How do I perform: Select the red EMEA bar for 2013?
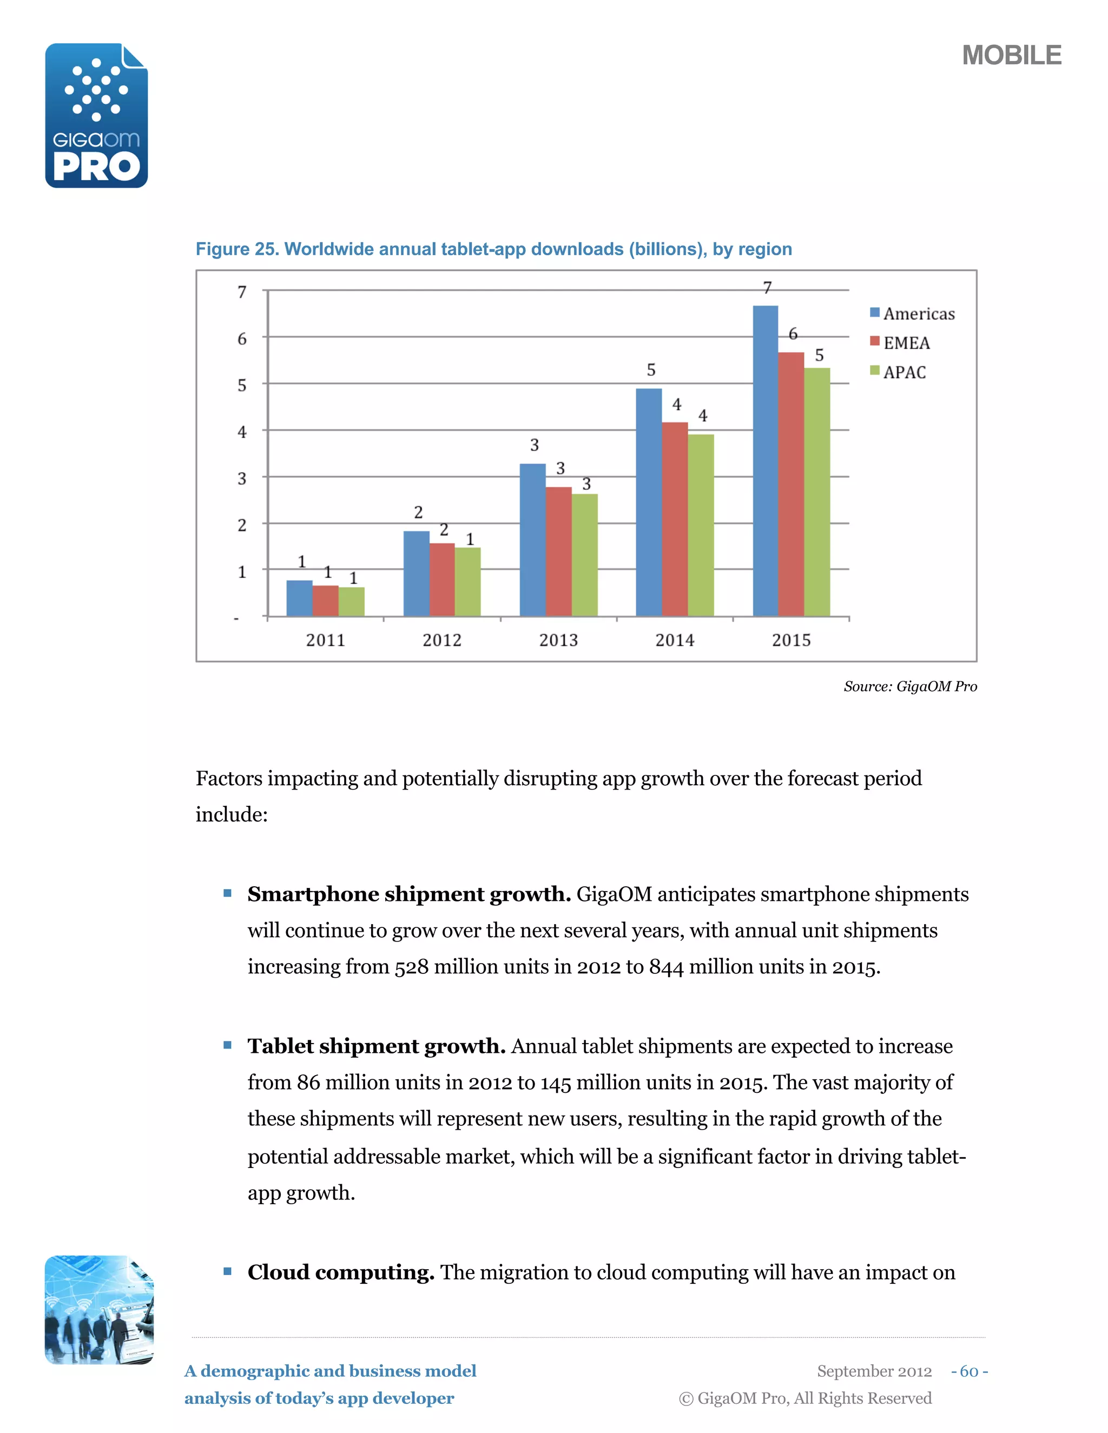558,551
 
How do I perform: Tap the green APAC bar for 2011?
352,602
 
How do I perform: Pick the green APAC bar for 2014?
701,525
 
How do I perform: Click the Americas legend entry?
912,314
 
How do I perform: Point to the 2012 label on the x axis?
442,640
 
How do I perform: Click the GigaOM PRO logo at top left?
96,116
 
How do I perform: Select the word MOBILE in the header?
1012,56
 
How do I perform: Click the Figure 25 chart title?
493,249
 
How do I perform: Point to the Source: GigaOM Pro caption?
910,686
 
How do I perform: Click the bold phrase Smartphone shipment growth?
408,894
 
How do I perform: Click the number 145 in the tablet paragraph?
555,1083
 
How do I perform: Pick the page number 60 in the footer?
969,1371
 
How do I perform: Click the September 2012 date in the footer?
874,1371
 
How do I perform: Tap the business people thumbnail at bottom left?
99,1310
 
